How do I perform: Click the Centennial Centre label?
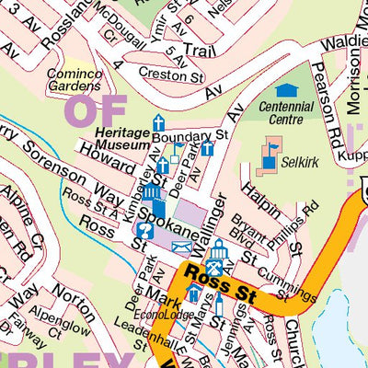click(x=287, y=113)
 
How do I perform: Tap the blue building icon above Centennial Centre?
click(x=286, y=91)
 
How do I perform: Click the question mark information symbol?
click(x=144, y=230)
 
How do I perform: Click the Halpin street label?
click(x=259, y=201)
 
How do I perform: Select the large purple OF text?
click(x=94, y=111)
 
